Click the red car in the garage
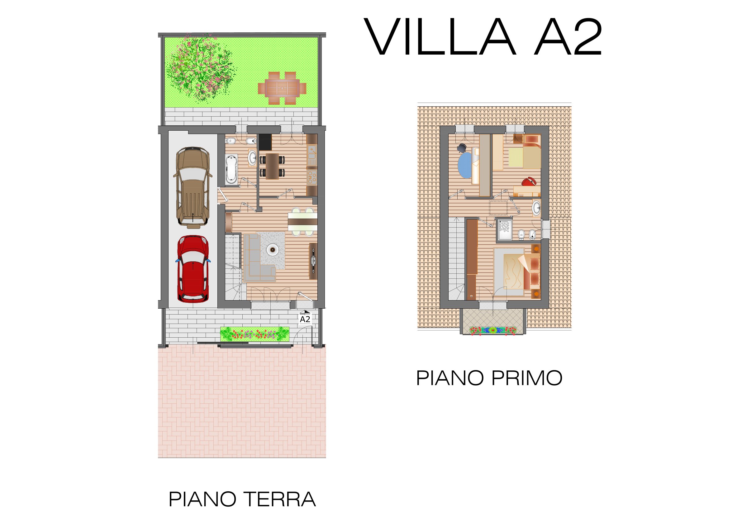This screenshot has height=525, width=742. pos(193,269)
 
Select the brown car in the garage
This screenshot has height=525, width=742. pos(193,186)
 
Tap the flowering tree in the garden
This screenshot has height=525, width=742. pos(201,68)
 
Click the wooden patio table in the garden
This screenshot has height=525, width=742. pos(282,88)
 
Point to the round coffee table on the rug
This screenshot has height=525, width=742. pos(273,249)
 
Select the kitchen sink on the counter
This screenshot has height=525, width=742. pos(312,155)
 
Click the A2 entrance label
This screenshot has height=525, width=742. pos(305,319)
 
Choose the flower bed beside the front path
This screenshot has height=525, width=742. pos(255,334)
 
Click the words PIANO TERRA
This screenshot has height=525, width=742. pos(242,499)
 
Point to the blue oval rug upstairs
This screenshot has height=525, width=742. pos(465,165)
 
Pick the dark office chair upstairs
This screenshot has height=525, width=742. pos(462,148)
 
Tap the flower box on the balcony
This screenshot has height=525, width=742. pos(493,330)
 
